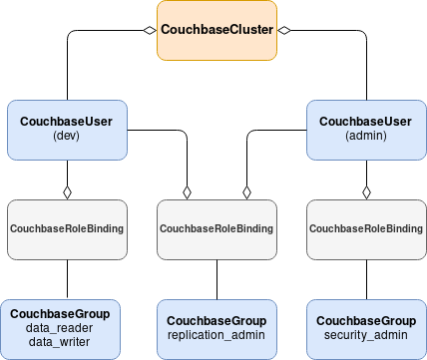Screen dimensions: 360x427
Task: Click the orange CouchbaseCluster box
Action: (216, 30)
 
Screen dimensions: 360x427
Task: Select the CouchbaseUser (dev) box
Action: (67, 129)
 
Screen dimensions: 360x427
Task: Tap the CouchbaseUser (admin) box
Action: (366, 129)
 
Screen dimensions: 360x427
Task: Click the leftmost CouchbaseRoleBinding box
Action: (67, 229)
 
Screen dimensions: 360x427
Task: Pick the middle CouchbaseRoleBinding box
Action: (216, 229)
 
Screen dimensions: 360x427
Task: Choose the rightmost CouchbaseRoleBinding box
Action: (366, 229)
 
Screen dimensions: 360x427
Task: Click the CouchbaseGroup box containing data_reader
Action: (60, 328)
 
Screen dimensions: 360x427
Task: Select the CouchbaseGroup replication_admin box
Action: (216, 328)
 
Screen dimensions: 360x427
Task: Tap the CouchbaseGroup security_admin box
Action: (366, 328)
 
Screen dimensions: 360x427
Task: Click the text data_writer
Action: (60, 342)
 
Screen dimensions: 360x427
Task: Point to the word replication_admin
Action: (216, 335)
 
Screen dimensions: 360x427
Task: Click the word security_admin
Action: (366, 335)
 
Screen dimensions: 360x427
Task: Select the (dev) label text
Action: (67, 136)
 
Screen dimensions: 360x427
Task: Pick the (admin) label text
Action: (366, 136)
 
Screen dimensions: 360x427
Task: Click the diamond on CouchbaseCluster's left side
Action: (149, 31)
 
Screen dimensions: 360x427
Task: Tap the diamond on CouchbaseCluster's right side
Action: (284, 31)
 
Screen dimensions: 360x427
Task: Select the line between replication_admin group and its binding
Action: (216, 279)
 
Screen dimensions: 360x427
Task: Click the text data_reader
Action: (60, 328)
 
